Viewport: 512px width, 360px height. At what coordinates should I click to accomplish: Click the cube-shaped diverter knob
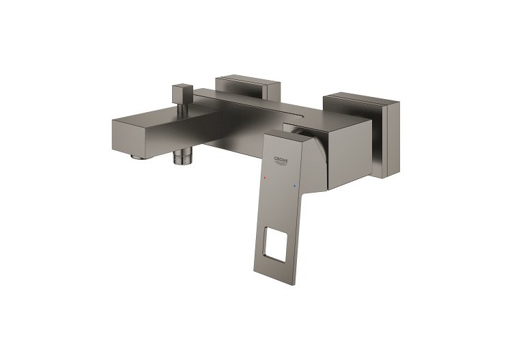[x=182, y=92]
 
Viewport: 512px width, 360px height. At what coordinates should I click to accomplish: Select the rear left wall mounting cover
[x=246, y=86]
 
